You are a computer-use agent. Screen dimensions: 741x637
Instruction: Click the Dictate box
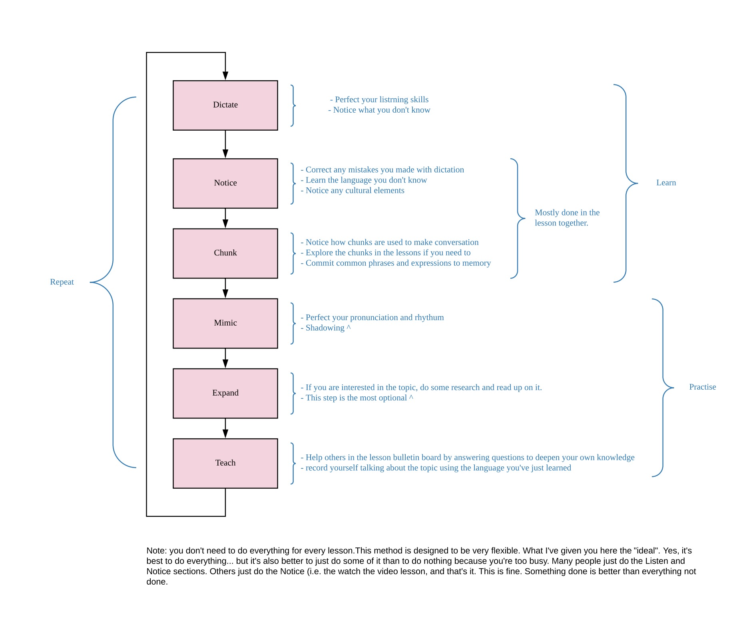(x=225, y=105)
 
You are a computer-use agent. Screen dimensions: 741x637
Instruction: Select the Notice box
(x=225, y=183)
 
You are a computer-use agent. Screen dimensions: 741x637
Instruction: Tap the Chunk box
(x=225, y=253)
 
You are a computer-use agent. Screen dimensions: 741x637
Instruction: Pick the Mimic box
(x=225, y=323)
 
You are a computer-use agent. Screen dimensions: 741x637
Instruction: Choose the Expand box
(x=225, y=393)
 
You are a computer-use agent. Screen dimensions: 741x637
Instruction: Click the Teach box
(x=225, y=463)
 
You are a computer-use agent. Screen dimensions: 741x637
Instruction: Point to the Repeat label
(x=62, y=282)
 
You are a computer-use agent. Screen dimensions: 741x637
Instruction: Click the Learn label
(x=666, y=183)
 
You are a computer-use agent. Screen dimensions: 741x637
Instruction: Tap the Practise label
(x=702, y=387)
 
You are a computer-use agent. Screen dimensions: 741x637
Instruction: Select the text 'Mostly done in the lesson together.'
(x=567, y=218)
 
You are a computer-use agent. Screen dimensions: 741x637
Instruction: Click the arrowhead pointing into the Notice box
(x=225, y=153)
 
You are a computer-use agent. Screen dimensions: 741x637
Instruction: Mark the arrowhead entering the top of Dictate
(x=225, y=76)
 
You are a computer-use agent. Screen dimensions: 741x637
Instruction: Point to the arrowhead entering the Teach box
(x=225, y=434)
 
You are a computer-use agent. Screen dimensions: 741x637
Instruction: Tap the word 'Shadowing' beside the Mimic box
(x=325, y=328)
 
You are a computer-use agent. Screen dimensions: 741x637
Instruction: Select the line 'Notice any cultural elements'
(x=355, y=190)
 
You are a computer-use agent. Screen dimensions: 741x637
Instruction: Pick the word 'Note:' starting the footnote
(x=156, y=551)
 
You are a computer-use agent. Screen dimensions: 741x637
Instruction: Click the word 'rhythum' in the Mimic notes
(x=429, y=317)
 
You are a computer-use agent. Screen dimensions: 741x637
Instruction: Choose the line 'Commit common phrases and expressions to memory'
(x=398, y=263)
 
